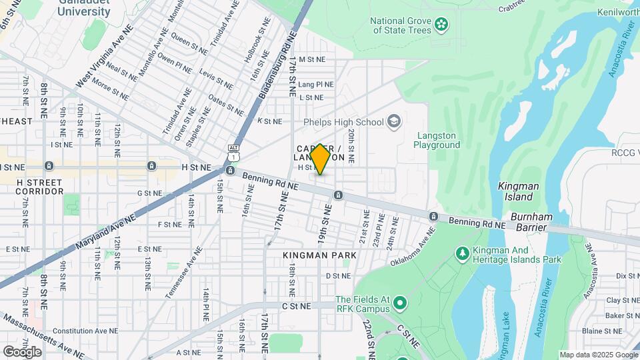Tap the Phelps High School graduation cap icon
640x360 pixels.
click(394, 121)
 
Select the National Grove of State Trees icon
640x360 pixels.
click(441, 25)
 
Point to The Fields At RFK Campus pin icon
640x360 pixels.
click(400, 304)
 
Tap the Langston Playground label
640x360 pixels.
click(437, 139)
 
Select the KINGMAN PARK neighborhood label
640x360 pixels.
click(319, 255)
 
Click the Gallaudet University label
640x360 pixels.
click(84, 7)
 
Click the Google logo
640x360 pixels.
click(23, 351)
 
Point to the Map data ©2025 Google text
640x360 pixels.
click(598, 355)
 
